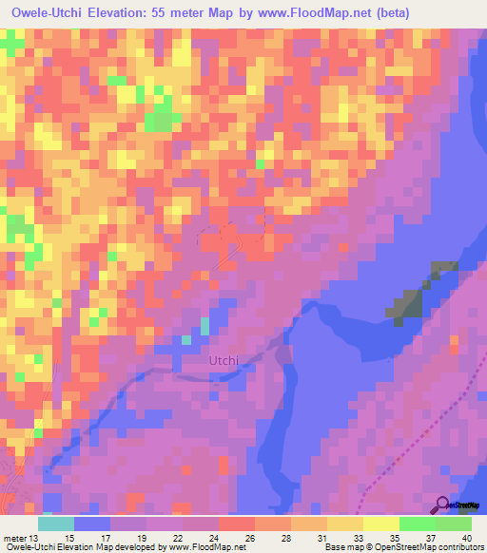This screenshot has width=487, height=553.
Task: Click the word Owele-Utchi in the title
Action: [58, 14]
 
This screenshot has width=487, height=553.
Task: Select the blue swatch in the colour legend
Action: [92, 523]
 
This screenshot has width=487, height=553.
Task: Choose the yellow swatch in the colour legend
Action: [381, 523]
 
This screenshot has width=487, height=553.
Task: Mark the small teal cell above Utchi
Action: [205, 326]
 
